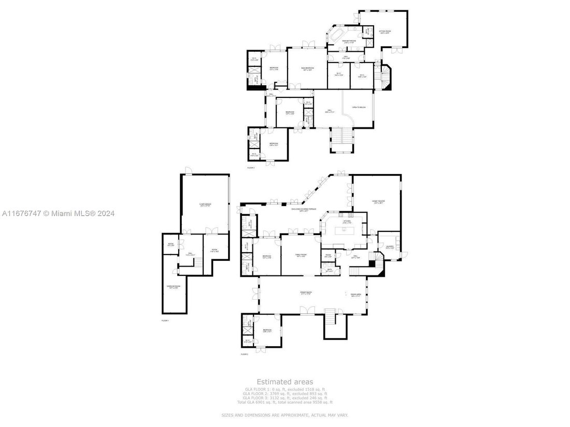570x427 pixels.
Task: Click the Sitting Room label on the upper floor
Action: click(384, 32)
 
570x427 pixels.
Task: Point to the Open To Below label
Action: click(359, 108)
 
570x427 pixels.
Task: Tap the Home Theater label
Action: click(378, 201)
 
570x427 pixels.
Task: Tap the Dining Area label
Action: click(356, 296)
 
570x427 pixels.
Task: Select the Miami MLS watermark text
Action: click(58, 213)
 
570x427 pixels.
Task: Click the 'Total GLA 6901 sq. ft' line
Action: click(286, 402)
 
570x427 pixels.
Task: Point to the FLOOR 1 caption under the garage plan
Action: click(165, 321)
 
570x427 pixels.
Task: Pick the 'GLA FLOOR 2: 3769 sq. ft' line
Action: click(286, 393)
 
